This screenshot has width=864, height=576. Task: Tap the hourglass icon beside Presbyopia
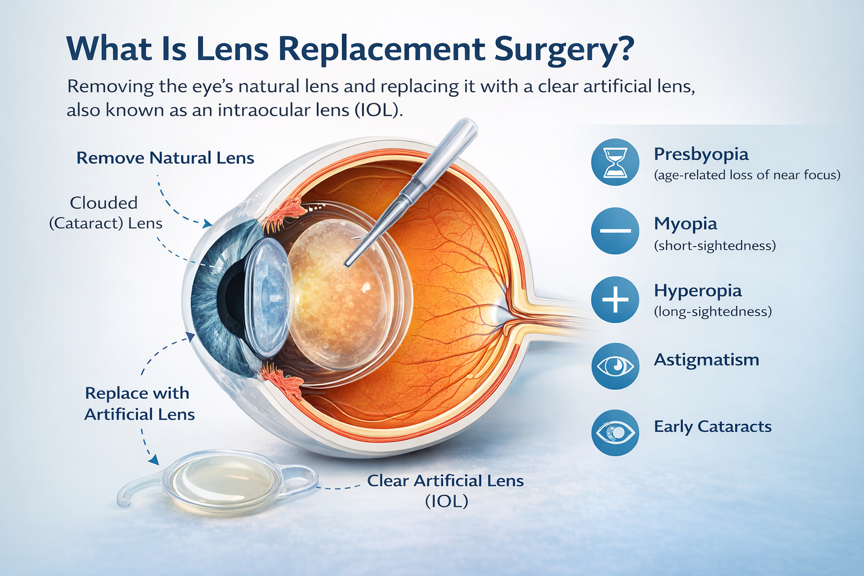pyautogui.click(x=615, y=163)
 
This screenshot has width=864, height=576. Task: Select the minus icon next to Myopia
pyautogui.click(x=615, y=231)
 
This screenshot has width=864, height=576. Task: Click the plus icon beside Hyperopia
pyautogui.click(x=615, y=299)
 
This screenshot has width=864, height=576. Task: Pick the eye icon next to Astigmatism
pyautogui.click(x=615, y=366)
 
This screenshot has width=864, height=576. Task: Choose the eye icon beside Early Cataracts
pyautogui.click(x=615, y=433)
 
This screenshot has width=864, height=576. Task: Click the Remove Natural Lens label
pyautogui.click(x=165, y=158)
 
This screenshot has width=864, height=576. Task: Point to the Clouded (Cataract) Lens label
pyautogui.click(x=105, y=213)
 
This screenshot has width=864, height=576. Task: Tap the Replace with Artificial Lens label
pyautogui.click(x=139, y=404)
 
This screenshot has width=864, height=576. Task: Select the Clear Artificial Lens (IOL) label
pyautogui.click(x=445, y=490)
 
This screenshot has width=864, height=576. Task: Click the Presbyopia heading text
pyautogui.click(x=701, y=154)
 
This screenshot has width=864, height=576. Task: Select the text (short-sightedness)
pyautogui.click(x=714, y=246)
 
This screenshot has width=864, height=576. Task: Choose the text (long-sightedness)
pyautogui.click(x=712, y=312)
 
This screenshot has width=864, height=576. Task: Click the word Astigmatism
pyautogui.click(x=706, y=360)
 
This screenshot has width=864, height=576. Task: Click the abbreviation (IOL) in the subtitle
pyautogui.click(x=378, y=110)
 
